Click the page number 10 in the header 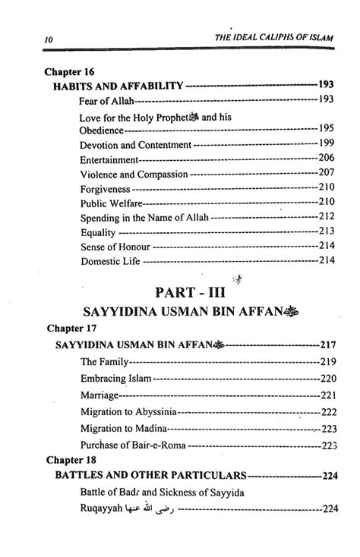(27, 39)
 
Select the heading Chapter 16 (71, 72)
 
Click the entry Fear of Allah (106, 100)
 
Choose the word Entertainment (109, 159)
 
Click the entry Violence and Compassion (133, 174)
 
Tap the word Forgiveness (106, 188)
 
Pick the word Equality (98, 231)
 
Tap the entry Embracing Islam (115, 377)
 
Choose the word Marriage (99, 395)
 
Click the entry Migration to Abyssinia (128, 412)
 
